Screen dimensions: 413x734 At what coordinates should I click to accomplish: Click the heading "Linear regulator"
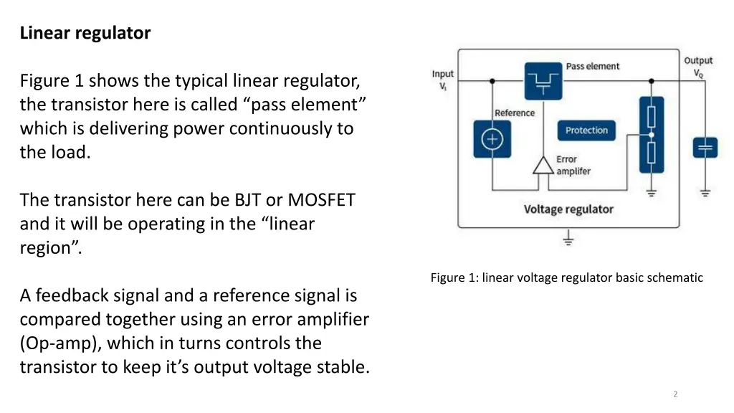point(85,33)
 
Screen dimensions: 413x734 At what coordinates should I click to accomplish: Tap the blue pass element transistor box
point(543,80)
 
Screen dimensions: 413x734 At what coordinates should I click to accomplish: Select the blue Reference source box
point(492,139)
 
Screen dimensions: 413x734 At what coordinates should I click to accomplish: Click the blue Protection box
point(586,130)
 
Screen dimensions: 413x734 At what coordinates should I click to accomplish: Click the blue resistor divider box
point(651,135)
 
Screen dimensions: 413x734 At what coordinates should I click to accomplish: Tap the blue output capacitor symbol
point(705,148)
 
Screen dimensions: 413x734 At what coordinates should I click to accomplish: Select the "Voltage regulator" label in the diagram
point(568,209)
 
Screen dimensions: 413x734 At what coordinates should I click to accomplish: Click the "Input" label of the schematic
point(443,74)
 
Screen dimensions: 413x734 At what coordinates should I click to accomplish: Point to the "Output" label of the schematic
point(698,61)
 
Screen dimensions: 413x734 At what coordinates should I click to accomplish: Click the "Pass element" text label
point(592,66)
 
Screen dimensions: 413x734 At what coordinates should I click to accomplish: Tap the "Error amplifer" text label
point(573,166)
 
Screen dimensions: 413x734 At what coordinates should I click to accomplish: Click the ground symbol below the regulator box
point(568,239)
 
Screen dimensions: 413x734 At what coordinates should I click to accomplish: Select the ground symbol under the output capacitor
point(705,192)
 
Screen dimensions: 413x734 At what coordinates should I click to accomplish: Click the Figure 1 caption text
point(566,277)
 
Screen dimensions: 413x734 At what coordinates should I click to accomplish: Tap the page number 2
point(675,394)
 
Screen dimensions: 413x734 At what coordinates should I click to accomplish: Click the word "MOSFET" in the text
point(321,200)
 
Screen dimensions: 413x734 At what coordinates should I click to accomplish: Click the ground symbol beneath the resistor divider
point(651,191)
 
